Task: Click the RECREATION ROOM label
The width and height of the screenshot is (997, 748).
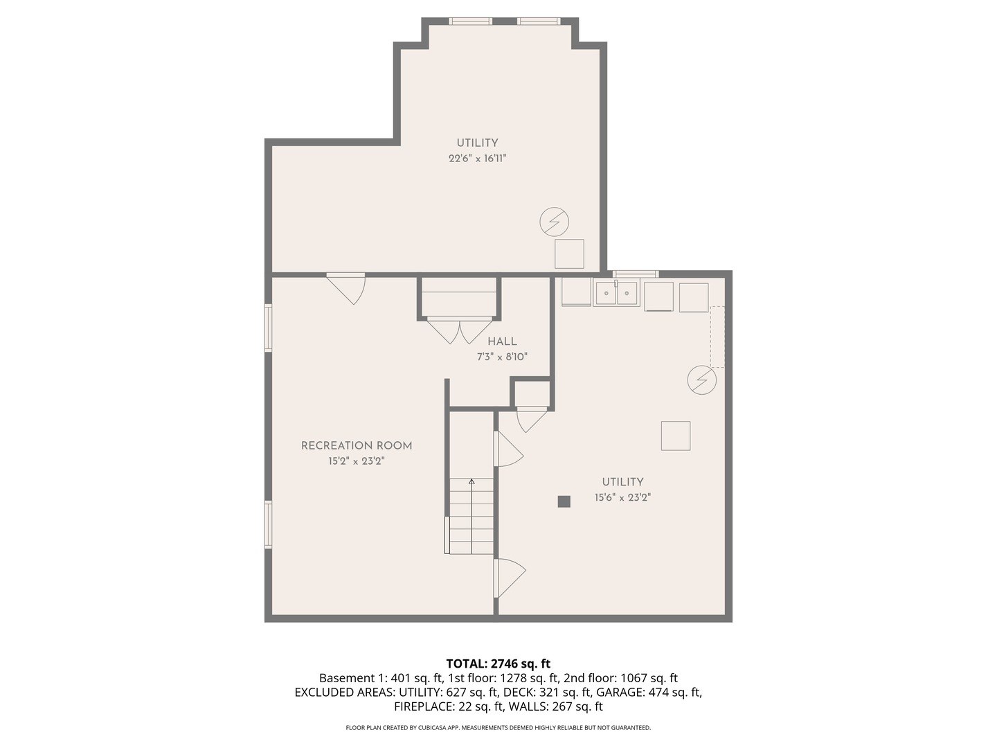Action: tap(357, 446)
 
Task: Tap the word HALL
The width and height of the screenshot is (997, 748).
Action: tap(502, 341)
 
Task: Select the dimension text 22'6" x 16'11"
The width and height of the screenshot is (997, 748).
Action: tap(477, 159)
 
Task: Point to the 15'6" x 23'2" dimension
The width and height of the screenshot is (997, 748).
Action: tap(622, 497)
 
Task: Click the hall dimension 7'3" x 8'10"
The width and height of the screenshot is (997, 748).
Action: tap(502, 357)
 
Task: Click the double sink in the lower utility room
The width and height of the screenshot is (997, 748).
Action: tap(616, 294)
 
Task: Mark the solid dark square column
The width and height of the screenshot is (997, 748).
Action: tap(564, 501)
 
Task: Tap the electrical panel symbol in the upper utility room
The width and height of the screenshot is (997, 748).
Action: tap(555, 222)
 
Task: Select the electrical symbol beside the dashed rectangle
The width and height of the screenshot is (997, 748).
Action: tap(702, 380)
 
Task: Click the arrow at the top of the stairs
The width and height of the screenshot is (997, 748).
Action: tap(471, 481)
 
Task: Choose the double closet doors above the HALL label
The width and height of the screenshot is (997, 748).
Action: tap(460, 330)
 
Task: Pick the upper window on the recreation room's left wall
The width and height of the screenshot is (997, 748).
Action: tap(269, 328)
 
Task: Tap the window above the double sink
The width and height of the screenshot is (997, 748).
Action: tap(636, 274)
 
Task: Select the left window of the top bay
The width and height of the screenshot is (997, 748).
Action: tap(471, 21)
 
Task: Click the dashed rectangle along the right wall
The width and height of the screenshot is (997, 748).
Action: tap(717, 337)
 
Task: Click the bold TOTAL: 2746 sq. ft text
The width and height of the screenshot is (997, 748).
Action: tap(498, 664)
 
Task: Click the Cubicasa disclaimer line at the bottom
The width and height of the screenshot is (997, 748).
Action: tap(498, 728)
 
